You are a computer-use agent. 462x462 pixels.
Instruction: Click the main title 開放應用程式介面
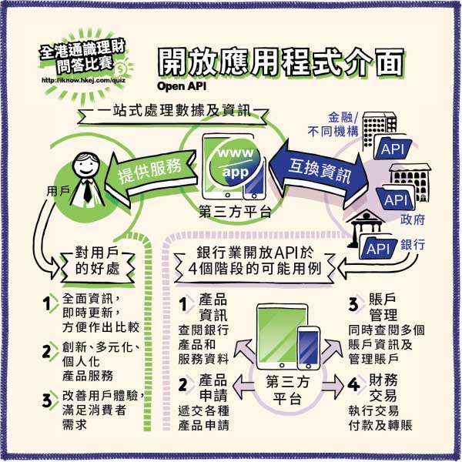tap(280, 64)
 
